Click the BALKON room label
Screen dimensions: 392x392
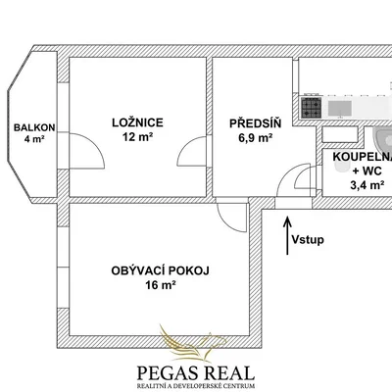click(x=34, y=127)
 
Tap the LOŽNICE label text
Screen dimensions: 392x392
click(x=137, y=122)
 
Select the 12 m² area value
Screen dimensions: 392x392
click(x=137, y=137)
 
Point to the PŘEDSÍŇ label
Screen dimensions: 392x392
click(x=256, y=123)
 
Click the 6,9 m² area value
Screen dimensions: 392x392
click(x=256, y=138)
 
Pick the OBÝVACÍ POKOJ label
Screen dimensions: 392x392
click(x=161, y=270)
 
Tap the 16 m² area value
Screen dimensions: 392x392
click(x=161, y=285)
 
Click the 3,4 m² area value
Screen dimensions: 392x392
click(x=367, y=185)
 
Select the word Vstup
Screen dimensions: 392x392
click(x=308, y=240)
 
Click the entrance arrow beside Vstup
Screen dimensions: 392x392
click(x=287, y=235)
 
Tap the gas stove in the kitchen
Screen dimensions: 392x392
click(x=311, y=108)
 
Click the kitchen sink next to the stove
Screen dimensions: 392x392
click(x=340, y=109)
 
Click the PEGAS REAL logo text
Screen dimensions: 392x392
click(x=196, y=373)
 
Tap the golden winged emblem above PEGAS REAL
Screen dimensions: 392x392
click(x=192, y=343)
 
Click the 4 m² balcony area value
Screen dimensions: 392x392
click(x=34, y=139)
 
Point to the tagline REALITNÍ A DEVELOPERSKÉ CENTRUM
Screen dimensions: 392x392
click(x=196, y=386)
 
